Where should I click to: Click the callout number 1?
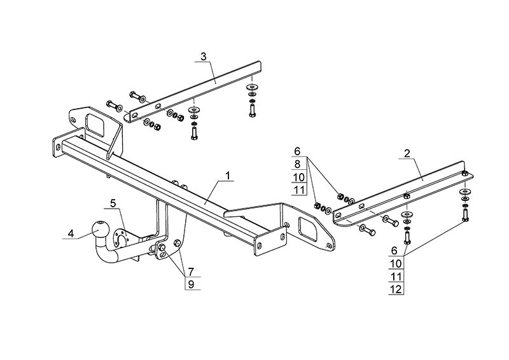click(x=228, y=176)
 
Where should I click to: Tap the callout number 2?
click(x=407, y=153)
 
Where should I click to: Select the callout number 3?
click(x=203, y=57)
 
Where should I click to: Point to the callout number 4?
click(x=71, y=233)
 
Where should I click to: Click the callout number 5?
click(x=113, y=204)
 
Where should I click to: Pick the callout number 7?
click(x=191, y=272)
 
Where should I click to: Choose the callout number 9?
click(x=191, y=284)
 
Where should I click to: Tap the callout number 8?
click(x=297, y=164)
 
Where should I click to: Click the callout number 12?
click(x=396, y=289)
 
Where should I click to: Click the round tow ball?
click(x=101, y=229)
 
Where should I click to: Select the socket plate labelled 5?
click(x=121, y=238)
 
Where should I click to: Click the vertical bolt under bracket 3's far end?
click(x=252, y=109)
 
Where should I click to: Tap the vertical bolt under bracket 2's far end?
click(x=465, y=215)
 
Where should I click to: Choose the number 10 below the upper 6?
click(x=298, y=177)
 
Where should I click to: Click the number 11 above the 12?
click(x=396, y=277)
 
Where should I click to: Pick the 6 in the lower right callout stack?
click(x=394, y=251)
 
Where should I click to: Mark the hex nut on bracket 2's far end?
click(x=464, y=173)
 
